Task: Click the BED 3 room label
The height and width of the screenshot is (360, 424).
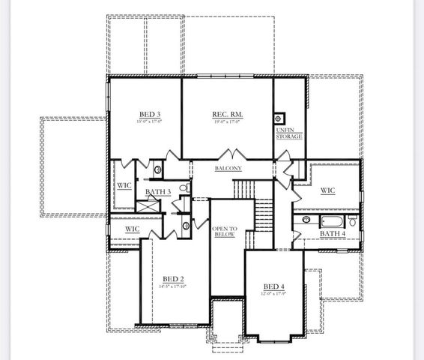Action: click(150, 114)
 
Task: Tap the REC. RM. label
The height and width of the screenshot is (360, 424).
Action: click(228, 114)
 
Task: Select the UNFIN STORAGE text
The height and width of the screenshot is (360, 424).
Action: click(289, 133)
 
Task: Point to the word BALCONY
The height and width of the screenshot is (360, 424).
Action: click(228, 169)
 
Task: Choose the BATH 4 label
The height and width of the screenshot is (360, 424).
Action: click(333, 234)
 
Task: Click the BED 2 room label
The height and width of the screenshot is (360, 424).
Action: click(173, 278)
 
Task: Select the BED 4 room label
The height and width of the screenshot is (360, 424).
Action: click(274, 286)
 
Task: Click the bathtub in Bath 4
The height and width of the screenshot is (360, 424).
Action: click(332, 221)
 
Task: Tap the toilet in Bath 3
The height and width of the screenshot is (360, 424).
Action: click(183, 188)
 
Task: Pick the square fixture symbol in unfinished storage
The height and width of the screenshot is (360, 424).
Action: click(279, 118)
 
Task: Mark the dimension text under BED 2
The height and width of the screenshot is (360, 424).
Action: click(173, 286)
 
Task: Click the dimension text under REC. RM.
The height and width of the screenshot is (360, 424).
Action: click(228, 121)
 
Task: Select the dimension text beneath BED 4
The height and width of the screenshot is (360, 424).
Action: click(274, 293)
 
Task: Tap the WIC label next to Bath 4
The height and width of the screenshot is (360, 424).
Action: click(327, 190)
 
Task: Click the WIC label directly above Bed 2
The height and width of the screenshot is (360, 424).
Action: click(132, 229)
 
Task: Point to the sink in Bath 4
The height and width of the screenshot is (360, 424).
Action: click(306, 220)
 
